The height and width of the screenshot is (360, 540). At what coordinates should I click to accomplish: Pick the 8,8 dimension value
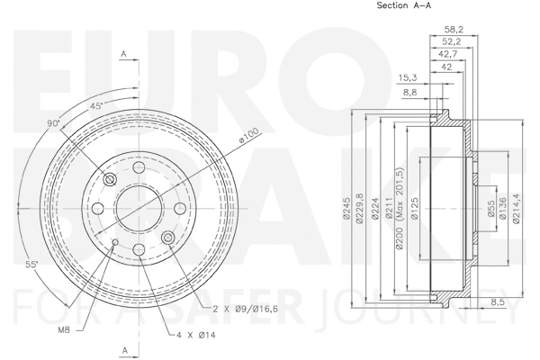(x=410, y=92)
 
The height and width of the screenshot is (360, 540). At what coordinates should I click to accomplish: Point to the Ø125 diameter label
(x=416, y=210)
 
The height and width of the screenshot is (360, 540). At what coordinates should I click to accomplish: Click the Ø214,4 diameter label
(x=517, y=210)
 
